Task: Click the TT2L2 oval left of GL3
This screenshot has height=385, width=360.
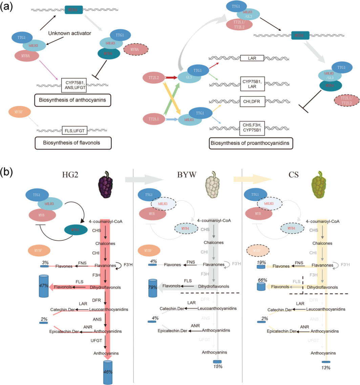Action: (x=154, y=78)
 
